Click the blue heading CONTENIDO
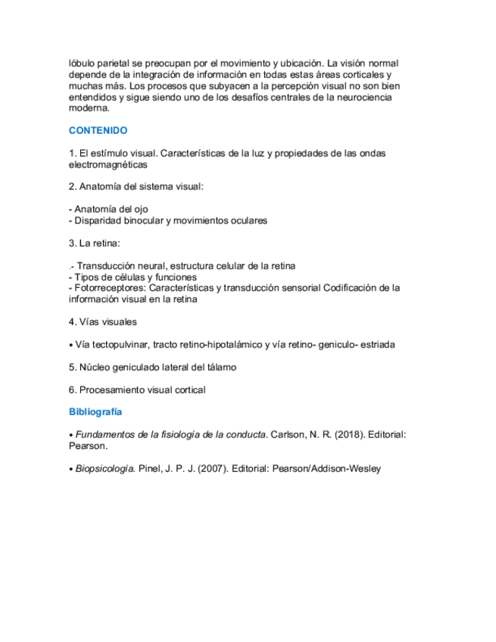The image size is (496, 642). click(98, 130)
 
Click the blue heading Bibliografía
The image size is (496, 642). click(95, 413)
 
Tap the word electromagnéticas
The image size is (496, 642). click(108, 164)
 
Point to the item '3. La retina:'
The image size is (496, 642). click(94, 243)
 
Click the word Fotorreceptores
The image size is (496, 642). click(109, 288)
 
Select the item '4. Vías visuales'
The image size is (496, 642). click(102, 322)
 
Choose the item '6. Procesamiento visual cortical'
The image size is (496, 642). click(137, 390)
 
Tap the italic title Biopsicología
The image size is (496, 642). click(105, 469)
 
